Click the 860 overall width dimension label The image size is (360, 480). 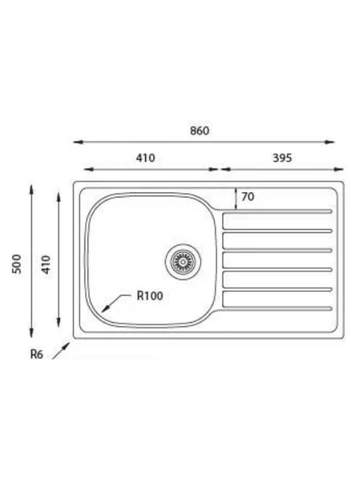pos(199,131)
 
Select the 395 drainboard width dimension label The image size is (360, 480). pos(282,158)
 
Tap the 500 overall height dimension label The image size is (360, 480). pos(16,264)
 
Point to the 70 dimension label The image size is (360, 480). pos(247,196)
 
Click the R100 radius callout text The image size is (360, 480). pos(150,296)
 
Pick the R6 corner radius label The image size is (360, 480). pos(36,354)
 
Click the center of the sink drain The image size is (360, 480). pos(183,262)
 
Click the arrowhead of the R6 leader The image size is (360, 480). pos(66,346)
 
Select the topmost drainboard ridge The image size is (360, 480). pos(277,212)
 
